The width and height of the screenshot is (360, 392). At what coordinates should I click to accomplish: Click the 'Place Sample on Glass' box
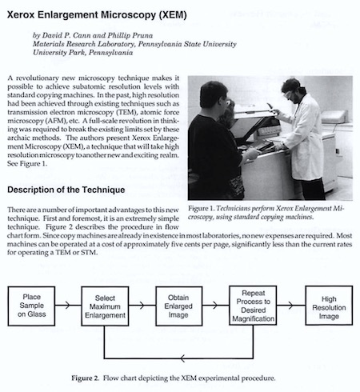click(31, 306)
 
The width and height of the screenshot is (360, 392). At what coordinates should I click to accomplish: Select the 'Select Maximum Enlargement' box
click(105, 306)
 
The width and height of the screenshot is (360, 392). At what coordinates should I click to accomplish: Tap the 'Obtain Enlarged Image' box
click(178, 306)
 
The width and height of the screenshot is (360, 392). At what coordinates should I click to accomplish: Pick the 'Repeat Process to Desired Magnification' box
click(253, 306)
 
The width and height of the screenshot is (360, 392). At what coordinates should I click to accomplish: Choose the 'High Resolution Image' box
click(329, 306)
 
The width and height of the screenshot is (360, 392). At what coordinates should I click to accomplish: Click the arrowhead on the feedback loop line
click(182, 358)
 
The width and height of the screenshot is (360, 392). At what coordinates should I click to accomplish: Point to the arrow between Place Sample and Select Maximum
click(68, 305)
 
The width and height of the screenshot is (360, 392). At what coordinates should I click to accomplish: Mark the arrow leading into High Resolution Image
click(291, 305)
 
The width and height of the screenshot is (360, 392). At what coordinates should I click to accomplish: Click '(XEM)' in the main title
click(173, 14)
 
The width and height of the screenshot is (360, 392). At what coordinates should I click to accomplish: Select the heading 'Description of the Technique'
click(66, 190)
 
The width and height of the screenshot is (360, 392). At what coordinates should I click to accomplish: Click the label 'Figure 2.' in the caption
click(85, 378)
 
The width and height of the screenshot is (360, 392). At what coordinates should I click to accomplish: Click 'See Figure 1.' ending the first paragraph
click(27, 163)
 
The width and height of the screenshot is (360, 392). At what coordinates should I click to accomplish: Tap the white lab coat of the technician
click(306, 138)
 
